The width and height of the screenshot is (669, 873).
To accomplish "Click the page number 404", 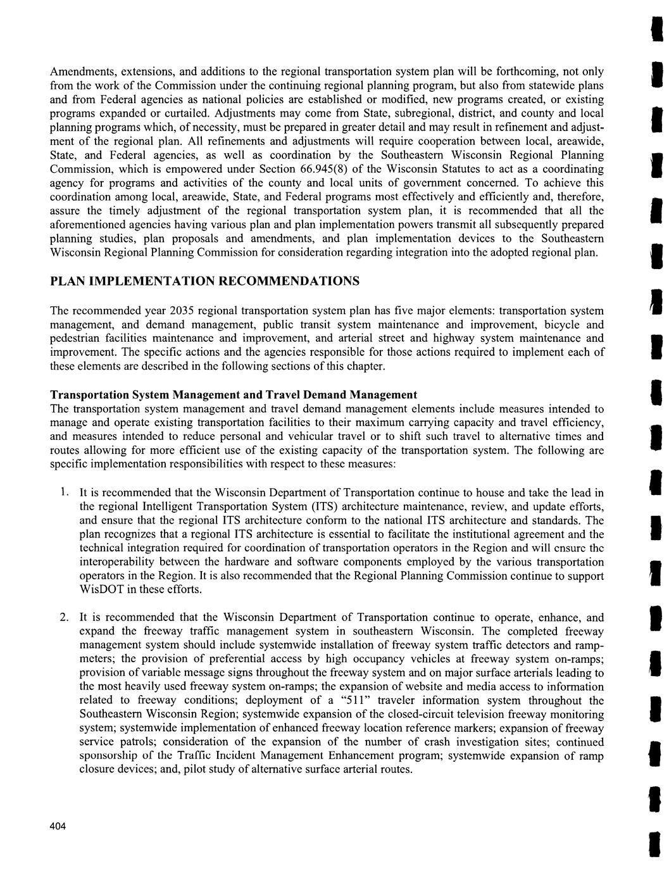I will pyautogui.click(x=58, y=828).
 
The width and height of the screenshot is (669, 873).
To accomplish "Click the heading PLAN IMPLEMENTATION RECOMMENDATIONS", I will pyautogui.click(x=205, y=280).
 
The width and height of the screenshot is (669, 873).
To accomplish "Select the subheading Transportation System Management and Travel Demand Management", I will pyautogui.click(x=234, y=394).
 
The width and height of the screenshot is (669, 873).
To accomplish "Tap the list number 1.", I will pyautogui.click(x=64, y=492).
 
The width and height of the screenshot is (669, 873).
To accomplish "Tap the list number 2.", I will pyautogui.click(x=64, y=617).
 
